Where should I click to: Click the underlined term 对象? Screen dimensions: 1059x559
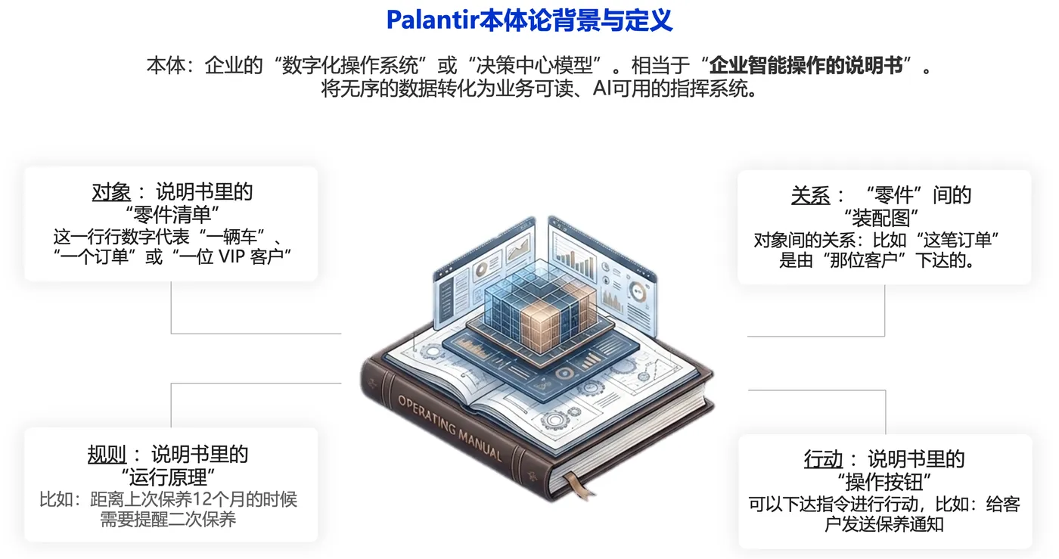tap(111, 192)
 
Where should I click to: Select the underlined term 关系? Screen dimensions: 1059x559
tap(810, 195)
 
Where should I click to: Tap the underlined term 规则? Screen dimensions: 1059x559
tap(107, 455)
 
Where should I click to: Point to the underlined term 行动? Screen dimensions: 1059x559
tap(823, 459)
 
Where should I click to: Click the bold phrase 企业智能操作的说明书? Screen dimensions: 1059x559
tap(806, 65)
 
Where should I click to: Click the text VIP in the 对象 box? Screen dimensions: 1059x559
tap(231, 256)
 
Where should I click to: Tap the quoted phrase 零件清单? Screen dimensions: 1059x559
tap(172, 215)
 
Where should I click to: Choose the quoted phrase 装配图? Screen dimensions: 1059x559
tap(880, 219)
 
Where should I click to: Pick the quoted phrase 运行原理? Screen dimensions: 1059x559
tap(168, 477)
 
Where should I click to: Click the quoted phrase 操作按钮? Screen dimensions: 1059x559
tap(884, 482)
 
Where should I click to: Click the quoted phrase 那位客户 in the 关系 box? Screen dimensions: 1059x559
tap(864, 260)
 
